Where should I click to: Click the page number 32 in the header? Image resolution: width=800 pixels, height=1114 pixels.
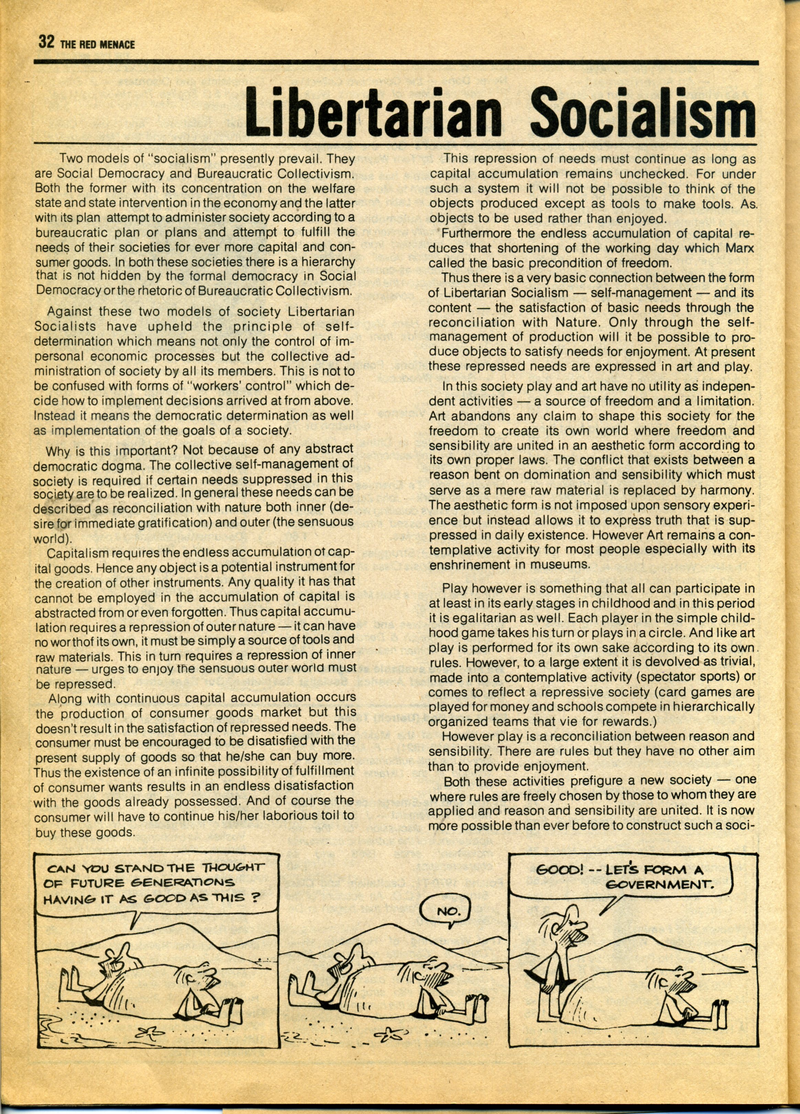tap(46, 43)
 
